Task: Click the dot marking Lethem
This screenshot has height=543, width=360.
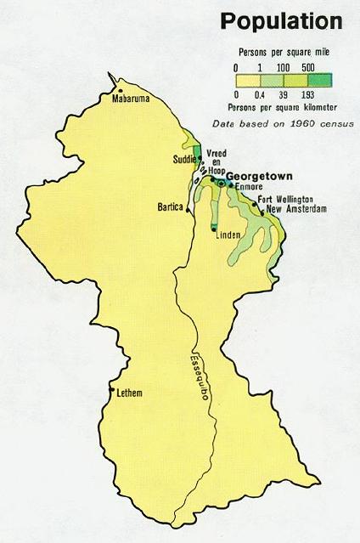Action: click(111, 391)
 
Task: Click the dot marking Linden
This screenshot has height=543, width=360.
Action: click(214, 229)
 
